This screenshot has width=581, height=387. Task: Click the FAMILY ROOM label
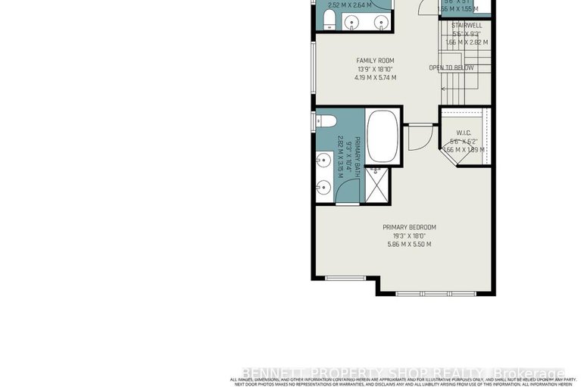click(375, 61)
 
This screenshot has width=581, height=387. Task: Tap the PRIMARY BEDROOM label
click(409, 227)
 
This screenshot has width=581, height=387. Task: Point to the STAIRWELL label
click(467, 25)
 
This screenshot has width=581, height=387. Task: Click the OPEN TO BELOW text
click(451, 68)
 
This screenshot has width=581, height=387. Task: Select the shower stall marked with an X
click(376, 185)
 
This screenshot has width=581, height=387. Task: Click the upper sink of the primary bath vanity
click(323, 160)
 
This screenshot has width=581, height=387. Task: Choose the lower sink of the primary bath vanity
click(323, 186)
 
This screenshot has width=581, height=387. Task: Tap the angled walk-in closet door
click(450, 154)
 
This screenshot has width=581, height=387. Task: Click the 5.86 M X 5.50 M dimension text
click(409, 244)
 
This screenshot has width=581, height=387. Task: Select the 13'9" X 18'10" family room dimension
click(375, 69)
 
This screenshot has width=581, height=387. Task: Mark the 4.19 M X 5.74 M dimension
click(375, 77)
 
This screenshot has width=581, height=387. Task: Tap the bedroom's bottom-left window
click(345, 278)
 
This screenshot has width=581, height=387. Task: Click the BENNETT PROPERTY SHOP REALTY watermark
click(402, 373)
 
